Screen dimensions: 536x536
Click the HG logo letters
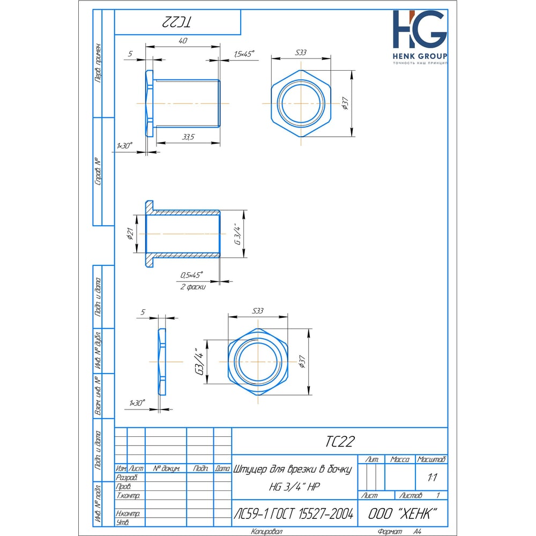click(x=420, y=29)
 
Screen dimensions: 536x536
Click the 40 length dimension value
click(x=183, y=41)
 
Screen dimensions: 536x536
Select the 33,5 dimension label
click(x=188, y=137)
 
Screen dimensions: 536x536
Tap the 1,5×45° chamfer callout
click(x=244, y=54)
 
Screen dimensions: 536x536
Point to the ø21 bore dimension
click(x=130, y=233)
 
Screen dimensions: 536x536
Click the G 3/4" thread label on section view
click(x=238, y=234)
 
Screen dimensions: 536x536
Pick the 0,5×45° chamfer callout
click(x=191, y=275)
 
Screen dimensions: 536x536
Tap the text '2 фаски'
click(x=193, y=287)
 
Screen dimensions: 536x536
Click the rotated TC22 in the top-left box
click(x=176, y=22)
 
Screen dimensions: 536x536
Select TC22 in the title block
click(x=340, y=441)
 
